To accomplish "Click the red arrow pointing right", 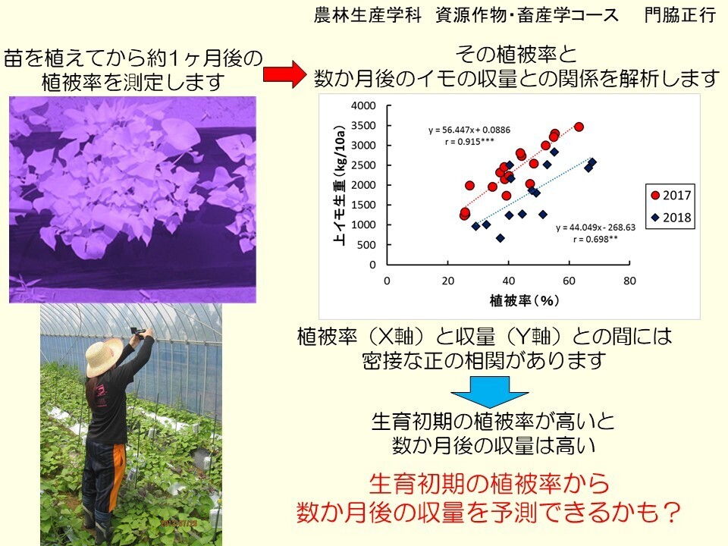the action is [284, 74].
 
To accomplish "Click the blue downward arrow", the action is [489, 392].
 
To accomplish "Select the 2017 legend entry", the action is [671, 195].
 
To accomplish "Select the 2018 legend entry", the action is [671, 218].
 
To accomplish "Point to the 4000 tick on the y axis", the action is [363, 106].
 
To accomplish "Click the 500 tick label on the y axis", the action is [366, 245].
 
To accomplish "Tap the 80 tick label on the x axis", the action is [629, 281].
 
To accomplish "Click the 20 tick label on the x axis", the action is [447, 281].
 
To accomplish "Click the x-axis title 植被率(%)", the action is [524, 301].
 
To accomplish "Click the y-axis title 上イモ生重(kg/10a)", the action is [340, 185].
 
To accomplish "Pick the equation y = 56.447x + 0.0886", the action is [469, 130].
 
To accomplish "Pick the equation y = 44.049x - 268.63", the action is [596, 227].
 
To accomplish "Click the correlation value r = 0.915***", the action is [469, 142].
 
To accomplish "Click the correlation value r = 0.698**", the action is [596, 239].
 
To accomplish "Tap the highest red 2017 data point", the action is [579, 127].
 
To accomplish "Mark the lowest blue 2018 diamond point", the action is [500, 238].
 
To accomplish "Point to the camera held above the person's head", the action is [140, 331].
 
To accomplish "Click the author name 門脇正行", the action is [680, 15].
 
